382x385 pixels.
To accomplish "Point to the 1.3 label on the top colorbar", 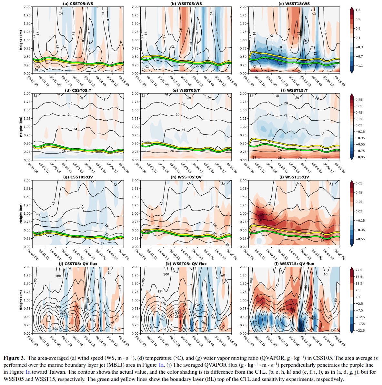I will (x=358, y=10).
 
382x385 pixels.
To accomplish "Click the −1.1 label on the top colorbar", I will (x=359, y=66).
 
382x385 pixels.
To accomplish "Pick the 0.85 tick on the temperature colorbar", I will (x=359, y=100).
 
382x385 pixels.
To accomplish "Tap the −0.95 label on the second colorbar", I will (x=359, y=157).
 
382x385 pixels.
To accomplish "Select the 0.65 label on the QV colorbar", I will (x=359, y=183).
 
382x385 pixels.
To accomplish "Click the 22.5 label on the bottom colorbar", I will (x=359, y=270).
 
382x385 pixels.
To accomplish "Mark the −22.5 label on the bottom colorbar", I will (x=359, y=331).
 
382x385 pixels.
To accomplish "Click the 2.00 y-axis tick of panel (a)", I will (x=27, y=7).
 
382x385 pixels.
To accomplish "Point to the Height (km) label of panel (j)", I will (x=21, y=300).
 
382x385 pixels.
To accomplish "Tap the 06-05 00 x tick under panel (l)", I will (x=340, y=341).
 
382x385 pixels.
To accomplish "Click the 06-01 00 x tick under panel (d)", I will (x=32, y=167).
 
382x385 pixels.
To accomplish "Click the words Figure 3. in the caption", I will (x=14, y=358).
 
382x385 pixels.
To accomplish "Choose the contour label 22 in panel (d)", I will (x=70, y=115).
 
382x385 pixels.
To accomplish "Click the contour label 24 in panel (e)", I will (x=183, y=129).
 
